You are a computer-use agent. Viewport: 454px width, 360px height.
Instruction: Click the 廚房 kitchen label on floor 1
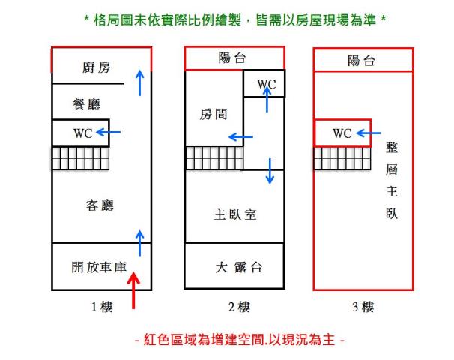(95, 68)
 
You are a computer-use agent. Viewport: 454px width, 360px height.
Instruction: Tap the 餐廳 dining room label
(86, 103)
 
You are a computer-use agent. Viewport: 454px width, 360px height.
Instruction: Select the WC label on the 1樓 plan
(82, 133)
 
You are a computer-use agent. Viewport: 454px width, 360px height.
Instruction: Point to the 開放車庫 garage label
(101, 266)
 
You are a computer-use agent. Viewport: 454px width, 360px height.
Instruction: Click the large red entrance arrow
(134, 289)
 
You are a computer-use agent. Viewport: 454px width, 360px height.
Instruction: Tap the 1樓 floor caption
(100, 307)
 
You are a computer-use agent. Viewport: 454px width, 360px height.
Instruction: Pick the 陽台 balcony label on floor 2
(234, 58)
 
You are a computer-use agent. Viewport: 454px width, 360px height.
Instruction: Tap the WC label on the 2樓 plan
(266, 85)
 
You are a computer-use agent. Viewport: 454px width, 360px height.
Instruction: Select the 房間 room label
(213, 115)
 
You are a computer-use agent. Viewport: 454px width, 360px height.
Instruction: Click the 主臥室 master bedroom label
(235, 215)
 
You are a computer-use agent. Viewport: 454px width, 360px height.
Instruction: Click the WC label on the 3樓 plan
(342, 133)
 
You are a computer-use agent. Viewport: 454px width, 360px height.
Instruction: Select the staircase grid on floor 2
(214, 158)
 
